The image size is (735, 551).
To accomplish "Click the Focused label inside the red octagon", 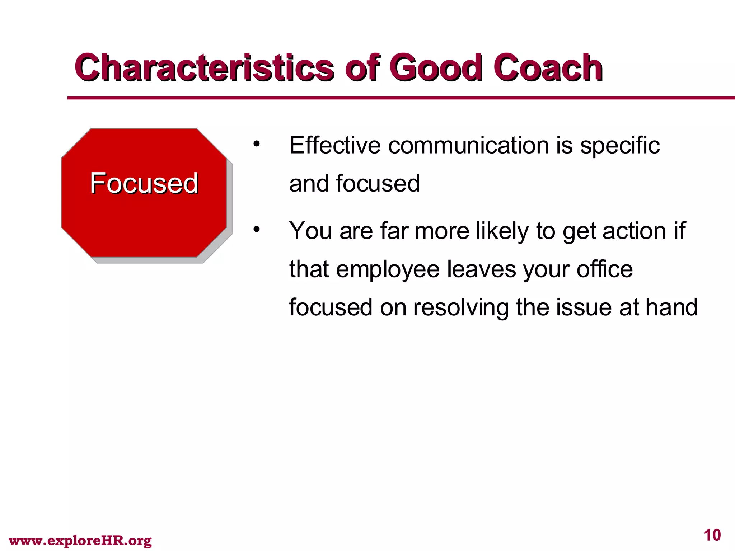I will pos(144,183).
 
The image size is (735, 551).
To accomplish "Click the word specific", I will pos(620,146).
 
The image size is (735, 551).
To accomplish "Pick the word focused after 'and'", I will pos(378,183).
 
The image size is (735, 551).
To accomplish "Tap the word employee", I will pos(388,270).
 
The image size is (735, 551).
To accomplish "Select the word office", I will pos(604,269).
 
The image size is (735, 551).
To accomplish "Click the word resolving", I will pos(461,308).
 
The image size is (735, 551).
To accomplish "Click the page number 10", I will pos(712,535).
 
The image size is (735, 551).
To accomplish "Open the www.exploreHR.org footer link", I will pos(80,540).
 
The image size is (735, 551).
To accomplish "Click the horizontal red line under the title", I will pos(395,98).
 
